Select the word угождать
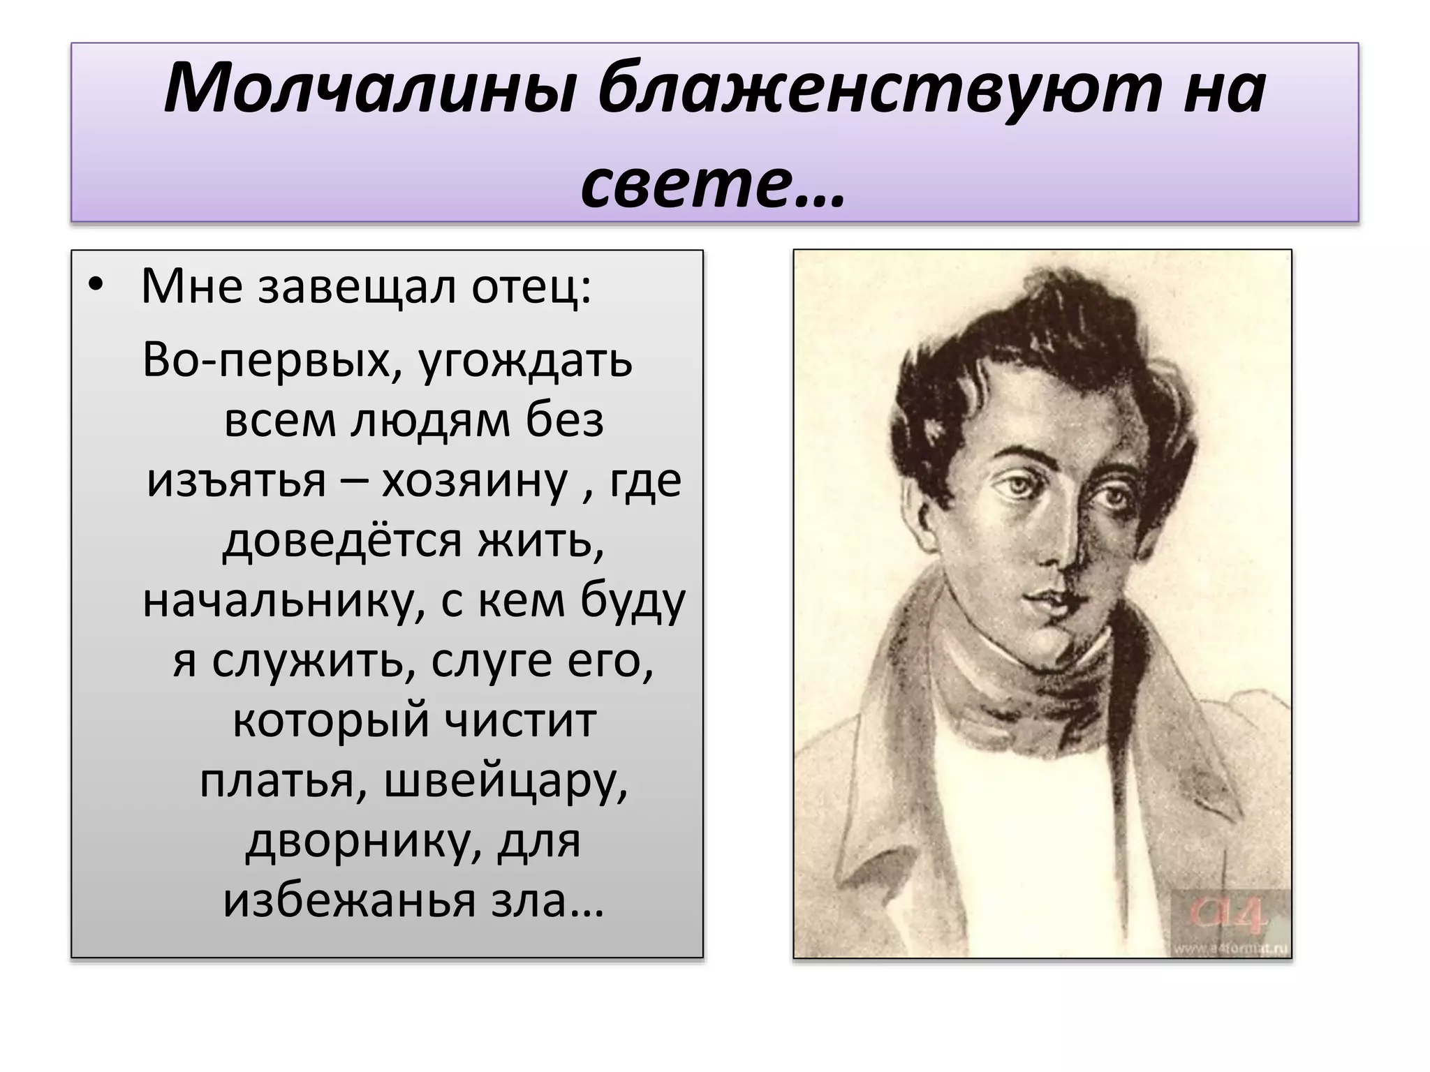tap(525, 362)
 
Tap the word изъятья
tap(237, 482)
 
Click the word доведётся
tap(341, 541)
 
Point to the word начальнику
tap(284, 602)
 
